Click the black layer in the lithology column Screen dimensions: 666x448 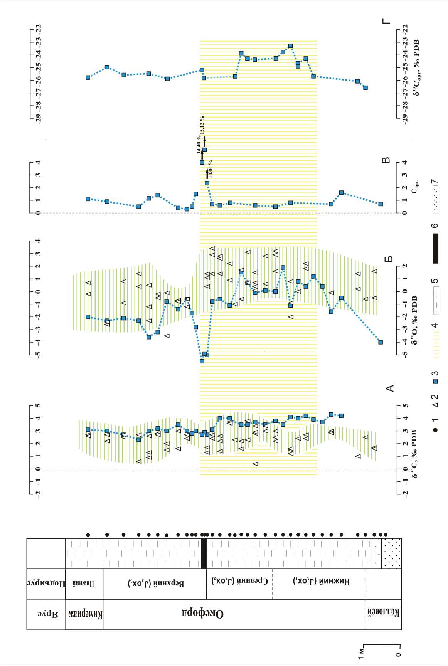click(204, 553)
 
